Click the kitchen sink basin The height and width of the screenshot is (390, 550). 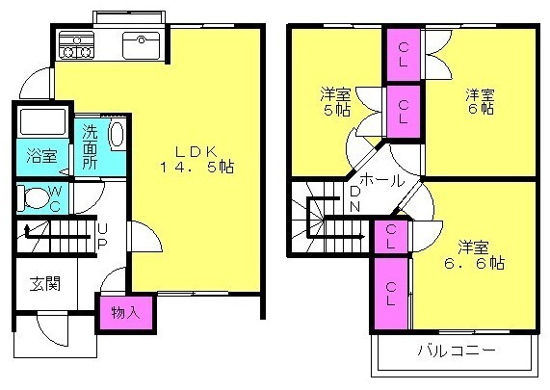tap(141, 45)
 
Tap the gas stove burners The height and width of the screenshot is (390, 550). tap(76, 45)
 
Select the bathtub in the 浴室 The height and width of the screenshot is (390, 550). tap(42, 122)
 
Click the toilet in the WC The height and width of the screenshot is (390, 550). tap(35, 198)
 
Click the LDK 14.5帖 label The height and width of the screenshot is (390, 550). tap(196, 159)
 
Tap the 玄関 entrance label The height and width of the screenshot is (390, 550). tap(45, 284)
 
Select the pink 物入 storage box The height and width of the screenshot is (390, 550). tap(126, 313)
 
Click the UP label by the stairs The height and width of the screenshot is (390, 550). tap(102, 236)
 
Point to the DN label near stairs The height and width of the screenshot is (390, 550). tap(355, 199)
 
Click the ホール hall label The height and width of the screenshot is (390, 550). tap(382, 179)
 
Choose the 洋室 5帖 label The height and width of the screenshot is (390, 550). tap(335, 102)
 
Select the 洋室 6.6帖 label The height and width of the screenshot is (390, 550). tap(474, 254)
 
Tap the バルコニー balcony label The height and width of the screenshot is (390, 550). tap(457, 350)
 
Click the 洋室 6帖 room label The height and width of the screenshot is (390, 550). tap(481, 101)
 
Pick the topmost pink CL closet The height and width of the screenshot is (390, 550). tap(404, 55)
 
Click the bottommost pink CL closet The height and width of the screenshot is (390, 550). tap(391, 294)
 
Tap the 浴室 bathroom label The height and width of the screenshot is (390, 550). tap(42, 156)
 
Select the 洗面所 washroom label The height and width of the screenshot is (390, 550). tap(90, 147)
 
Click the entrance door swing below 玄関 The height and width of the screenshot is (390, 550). tap(53, 329)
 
